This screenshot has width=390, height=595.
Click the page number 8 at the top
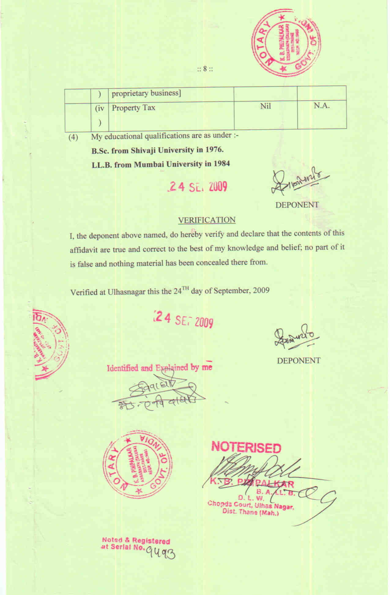point(205,69)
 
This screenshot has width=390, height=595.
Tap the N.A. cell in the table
point(321,106)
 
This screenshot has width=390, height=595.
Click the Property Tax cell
point(133,108)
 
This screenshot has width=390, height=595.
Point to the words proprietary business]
point(146,93)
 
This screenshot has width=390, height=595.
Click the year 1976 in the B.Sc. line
point(214,150)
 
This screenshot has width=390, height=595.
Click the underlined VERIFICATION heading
point(207,220)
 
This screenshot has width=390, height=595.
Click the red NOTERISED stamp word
point(246,447)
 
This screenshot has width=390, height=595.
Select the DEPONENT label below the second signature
point(299,361)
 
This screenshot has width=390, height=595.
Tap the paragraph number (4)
point(73,137)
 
